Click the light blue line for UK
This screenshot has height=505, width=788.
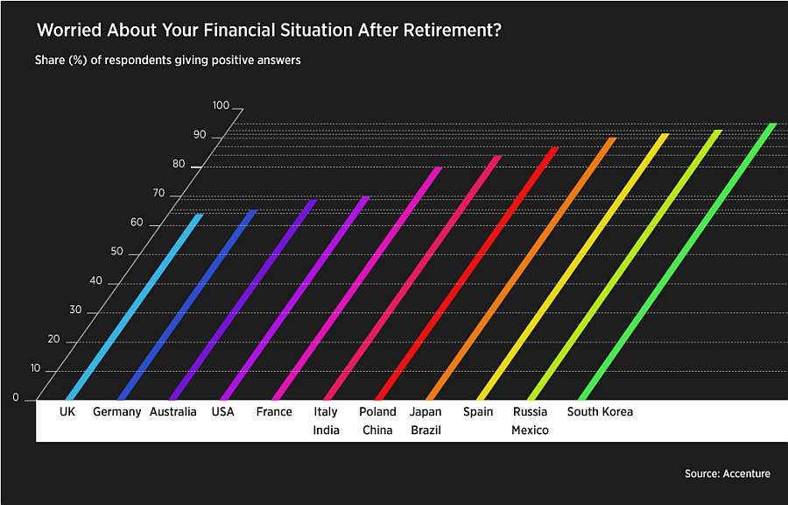coord(135,307)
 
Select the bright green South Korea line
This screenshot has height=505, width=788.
coord(679,261)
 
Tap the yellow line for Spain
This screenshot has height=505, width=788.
coord(573,267)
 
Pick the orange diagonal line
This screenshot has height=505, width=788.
coord(522,268)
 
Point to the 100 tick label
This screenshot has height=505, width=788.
coord(221,105)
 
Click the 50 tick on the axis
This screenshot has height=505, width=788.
coord(116,252)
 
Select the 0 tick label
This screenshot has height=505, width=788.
coord(16,397)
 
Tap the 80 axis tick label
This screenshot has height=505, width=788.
coord(179,164)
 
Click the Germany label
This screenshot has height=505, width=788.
coord(117,411)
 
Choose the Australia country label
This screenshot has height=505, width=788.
coord(172,411)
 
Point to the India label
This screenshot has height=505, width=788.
coord(327,430)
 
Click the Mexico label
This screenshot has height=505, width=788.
coord(530,430)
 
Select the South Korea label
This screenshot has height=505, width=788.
coord(600,411)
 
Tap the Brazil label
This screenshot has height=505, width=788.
coord(426,430)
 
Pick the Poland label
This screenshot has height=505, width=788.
coord(377,411)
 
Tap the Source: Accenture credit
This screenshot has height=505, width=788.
coord(728,473)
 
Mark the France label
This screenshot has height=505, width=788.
coord(274,411)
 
